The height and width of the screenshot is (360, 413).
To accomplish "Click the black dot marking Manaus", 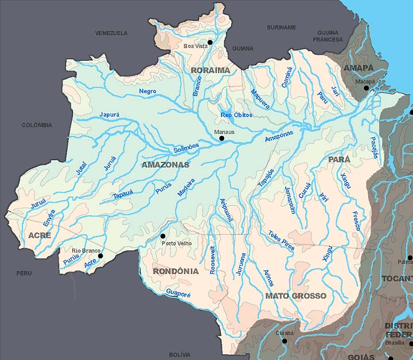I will coord(221,138).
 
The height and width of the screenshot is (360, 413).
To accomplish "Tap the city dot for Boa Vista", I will coord(211,42).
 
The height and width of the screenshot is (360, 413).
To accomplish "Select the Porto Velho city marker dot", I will coord(163,236).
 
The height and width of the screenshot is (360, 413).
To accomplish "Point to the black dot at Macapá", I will coord(366,88).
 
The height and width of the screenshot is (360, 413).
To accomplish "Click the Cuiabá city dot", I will coord(284,340).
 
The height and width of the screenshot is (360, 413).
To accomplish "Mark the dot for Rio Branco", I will coord(100,256).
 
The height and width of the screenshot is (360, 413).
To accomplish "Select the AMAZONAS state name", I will coord(165,165).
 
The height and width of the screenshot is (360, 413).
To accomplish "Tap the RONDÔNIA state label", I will coord(176,271).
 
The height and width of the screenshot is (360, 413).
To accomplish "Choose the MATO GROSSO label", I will coord(295,296).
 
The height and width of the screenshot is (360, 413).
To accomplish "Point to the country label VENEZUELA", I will coord(111,33).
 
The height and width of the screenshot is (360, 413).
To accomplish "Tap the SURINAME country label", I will coord(281,27).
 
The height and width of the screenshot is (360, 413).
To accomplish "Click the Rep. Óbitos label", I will coord(236,115).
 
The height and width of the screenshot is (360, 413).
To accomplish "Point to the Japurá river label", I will coord(109,114).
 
